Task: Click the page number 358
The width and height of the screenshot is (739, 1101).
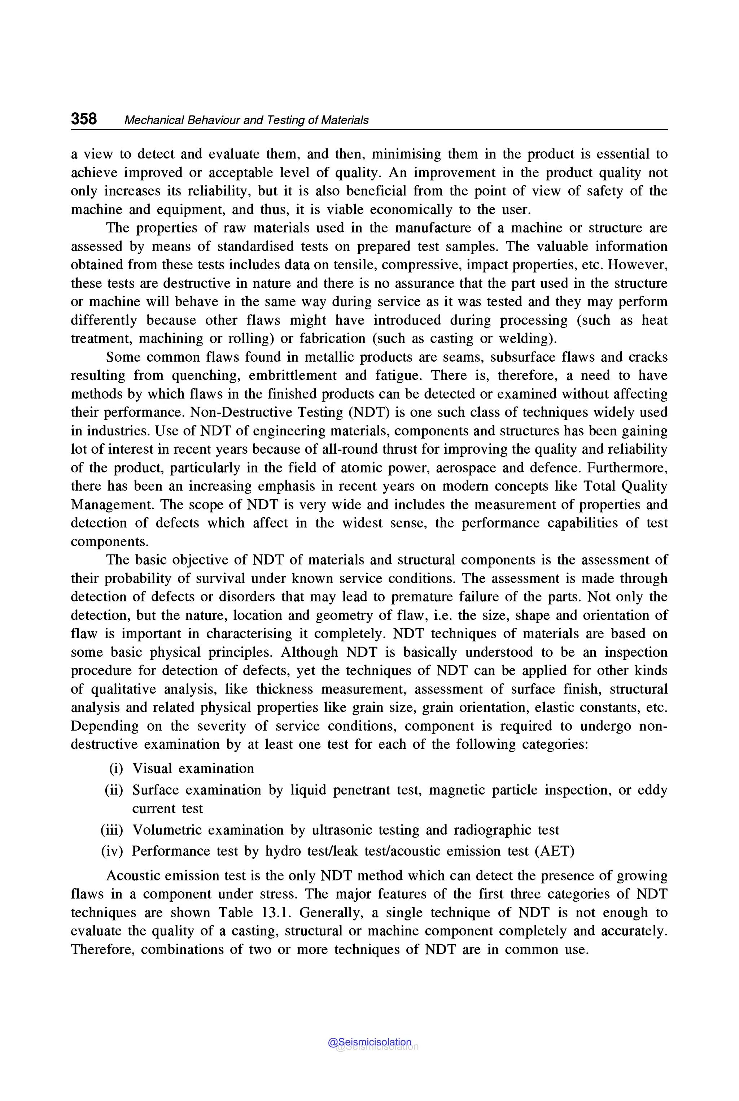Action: (84, 118)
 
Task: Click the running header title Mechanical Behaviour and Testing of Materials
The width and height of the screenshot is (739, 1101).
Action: (246, 120)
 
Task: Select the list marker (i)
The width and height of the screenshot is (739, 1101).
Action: (116, 769)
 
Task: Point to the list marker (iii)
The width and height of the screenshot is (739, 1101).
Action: (112, 830)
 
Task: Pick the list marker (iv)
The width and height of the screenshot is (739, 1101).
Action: (112, 851)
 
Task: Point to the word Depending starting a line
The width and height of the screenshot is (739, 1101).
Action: (104, 726)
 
